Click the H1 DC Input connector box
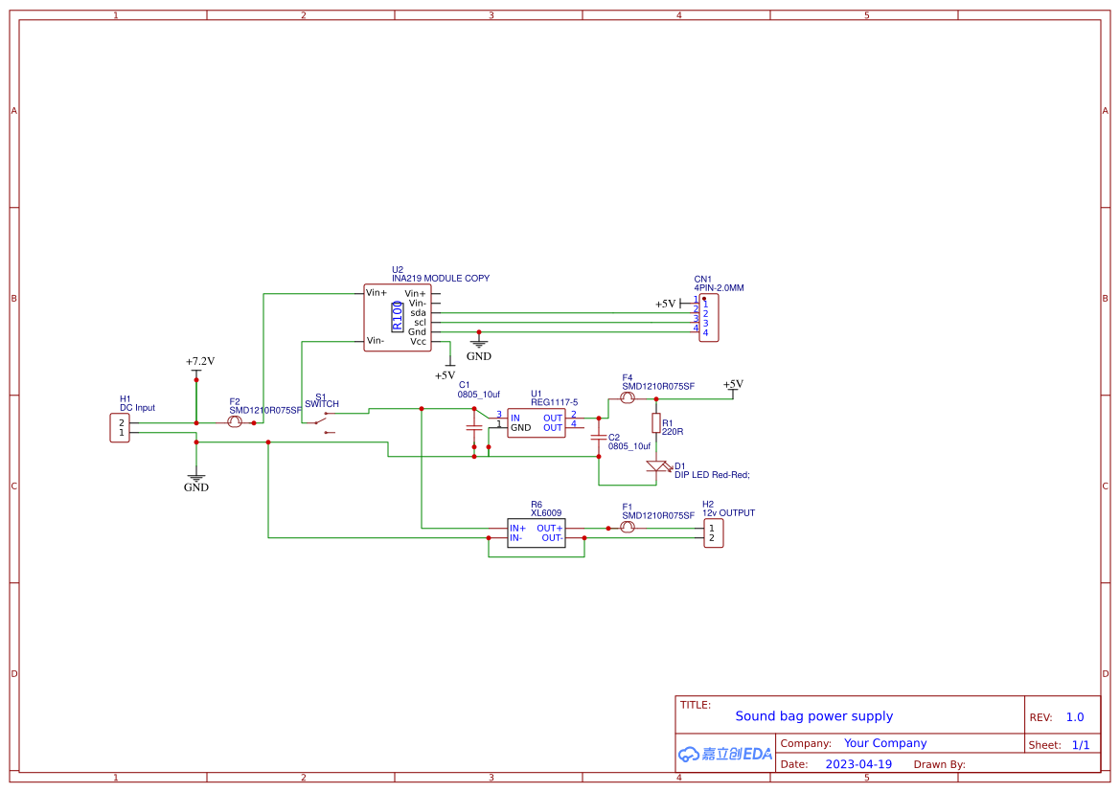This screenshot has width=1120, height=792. tap(121, 427)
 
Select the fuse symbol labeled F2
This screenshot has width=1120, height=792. tap(235, 422)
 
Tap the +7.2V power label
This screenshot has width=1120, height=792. tap(199, 362)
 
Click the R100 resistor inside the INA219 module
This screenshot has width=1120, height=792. tap(398, 315)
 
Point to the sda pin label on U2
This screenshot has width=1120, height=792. tap(418, 312)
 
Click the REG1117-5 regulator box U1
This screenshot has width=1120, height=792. tap(537, 422)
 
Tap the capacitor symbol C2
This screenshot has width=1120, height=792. tap(599, 439)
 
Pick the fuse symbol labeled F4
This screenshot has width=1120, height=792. tap(628, 397)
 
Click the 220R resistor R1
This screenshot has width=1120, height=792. tap(656, 422)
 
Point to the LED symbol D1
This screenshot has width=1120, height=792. tap(657, 466)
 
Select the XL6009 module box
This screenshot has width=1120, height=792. tap(536, 532)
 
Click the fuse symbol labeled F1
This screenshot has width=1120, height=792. tap(628, 528)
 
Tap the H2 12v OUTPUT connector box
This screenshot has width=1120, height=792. tap(712, 532)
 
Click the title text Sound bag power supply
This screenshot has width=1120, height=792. tap(813, 716)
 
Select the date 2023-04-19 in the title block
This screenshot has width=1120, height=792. tap(858, 764)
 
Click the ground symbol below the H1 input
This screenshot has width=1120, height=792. tap(195, 477)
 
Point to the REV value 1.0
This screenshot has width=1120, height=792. tap(1075, 717)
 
